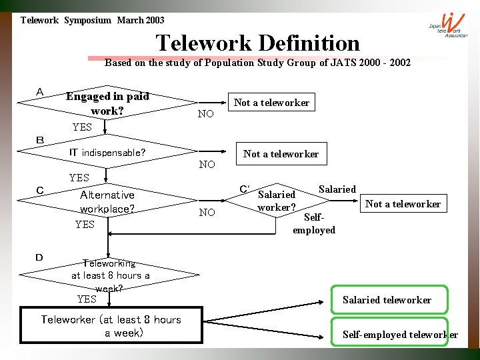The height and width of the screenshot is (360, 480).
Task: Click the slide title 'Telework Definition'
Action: point(257,43)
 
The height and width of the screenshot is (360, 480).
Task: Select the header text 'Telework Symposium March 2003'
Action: point(92,20)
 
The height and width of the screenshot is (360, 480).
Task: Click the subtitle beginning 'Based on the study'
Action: point(257,63)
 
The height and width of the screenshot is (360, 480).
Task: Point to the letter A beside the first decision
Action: point(40,92)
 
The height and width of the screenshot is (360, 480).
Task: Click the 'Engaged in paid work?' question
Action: point(107,103)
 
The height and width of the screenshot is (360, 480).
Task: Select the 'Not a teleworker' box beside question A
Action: point(271,102)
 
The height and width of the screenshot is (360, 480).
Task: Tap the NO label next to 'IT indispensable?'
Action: point(207,164)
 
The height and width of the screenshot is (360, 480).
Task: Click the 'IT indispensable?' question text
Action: point(107,153)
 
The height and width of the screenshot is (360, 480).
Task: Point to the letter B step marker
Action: point(40,140)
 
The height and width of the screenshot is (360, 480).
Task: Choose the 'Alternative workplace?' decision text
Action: point(107,201)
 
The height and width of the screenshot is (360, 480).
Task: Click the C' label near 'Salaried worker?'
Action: point(245,189)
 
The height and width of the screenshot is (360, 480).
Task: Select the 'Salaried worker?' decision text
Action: point(276,200)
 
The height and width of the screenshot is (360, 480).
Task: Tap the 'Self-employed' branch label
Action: point(313,223)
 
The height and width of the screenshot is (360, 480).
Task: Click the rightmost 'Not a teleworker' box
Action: point(403,203)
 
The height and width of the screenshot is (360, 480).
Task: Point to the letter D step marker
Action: point(39,257)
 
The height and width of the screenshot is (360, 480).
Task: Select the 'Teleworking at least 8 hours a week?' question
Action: point(110,275)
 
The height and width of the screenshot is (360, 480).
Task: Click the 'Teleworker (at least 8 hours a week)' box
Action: point(111,325)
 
